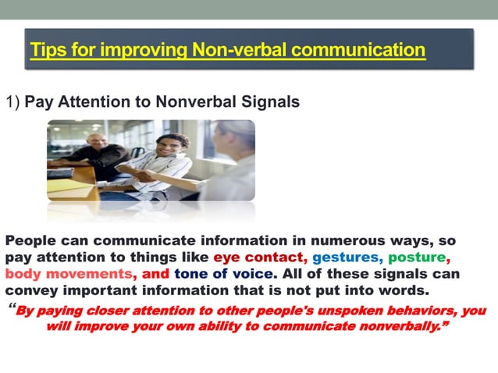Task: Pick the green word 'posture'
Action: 418,258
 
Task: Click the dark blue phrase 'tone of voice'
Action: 224,275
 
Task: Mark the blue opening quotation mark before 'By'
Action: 12,309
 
